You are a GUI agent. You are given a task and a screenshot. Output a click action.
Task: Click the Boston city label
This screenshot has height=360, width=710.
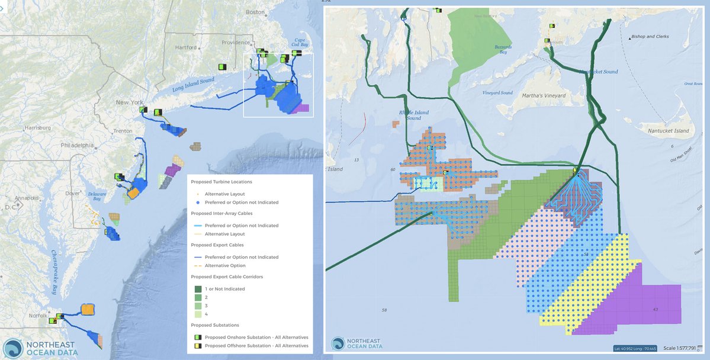click(x=255, y=12)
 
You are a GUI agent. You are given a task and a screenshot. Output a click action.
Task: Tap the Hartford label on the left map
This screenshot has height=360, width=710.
click(x=187, y=47)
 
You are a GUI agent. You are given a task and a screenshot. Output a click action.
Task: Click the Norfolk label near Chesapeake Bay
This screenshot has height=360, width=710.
click(x=37, y=315)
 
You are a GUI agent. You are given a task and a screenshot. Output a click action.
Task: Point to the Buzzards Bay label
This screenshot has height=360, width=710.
click(x=502, y=52)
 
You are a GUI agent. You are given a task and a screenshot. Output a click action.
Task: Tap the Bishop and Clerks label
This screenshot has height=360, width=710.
click(x=650, y=37)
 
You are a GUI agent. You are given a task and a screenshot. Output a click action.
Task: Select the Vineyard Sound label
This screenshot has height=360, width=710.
click(x=497, y=93)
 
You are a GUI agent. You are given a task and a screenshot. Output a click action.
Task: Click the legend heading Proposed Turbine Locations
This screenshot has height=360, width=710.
click(x=221, y=182)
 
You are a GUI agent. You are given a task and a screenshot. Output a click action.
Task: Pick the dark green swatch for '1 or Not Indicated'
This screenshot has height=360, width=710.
click(x=198, y=289)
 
